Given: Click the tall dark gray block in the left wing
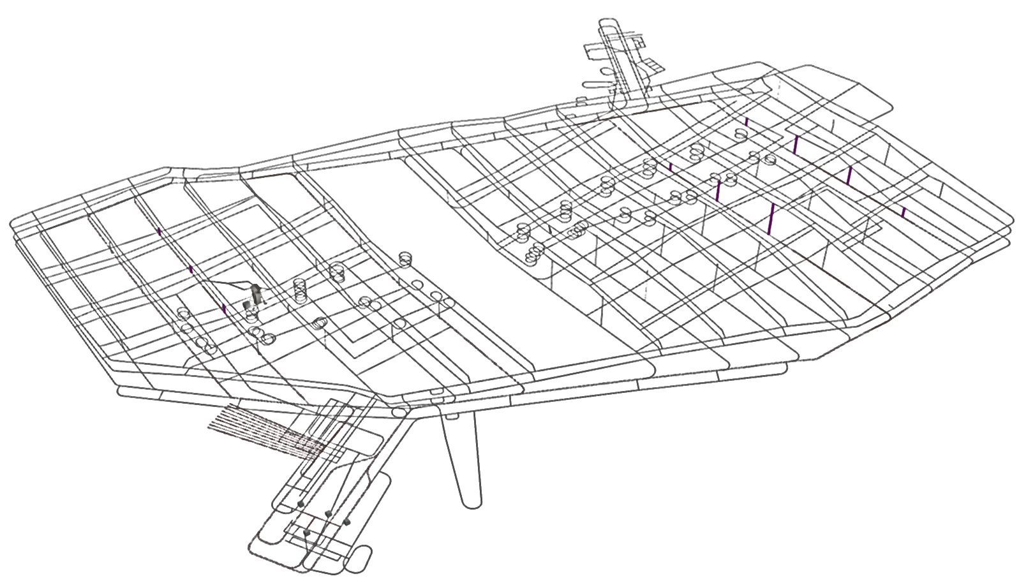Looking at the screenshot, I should (257, 294).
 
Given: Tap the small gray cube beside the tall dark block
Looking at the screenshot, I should (247, 306).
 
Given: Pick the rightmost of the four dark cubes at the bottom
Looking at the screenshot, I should (347, 522).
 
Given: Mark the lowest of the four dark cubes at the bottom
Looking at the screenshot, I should (307, 532).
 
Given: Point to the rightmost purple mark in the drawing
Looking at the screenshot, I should (904, 212).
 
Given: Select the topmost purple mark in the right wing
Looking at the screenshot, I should (746, 121).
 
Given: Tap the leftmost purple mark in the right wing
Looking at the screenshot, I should (671, 166).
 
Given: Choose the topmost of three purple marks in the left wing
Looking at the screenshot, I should (159, 231).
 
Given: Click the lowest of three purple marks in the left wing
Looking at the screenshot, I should (224, 309).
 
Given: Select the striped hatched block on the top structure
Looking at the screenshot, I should (653, 64).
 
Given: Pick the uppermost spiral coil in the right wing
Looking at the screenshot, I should (741, 134).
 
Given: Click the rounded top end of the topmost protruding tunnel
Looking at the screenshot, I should (606, 24).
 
